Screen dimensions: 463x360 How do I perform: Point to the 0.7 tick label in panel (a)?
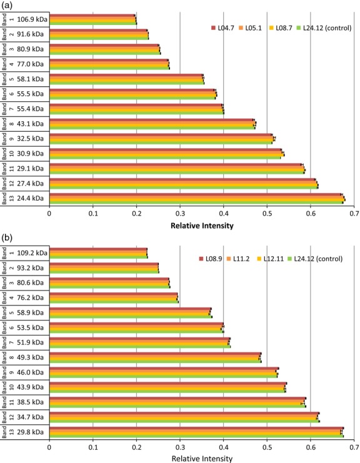tap(354, 213)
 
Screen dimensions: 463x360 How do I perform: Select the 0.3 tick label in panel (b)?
tap(180, 446)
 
